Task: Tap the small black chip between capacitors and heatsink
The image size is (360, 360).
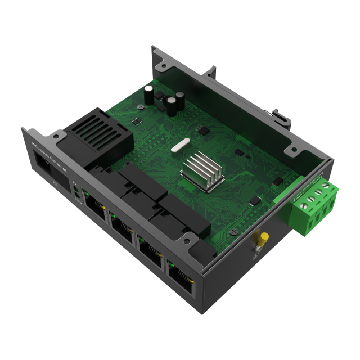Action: point(204,131)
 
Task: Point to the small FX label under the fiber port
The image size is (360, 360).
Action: point(55,183)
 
